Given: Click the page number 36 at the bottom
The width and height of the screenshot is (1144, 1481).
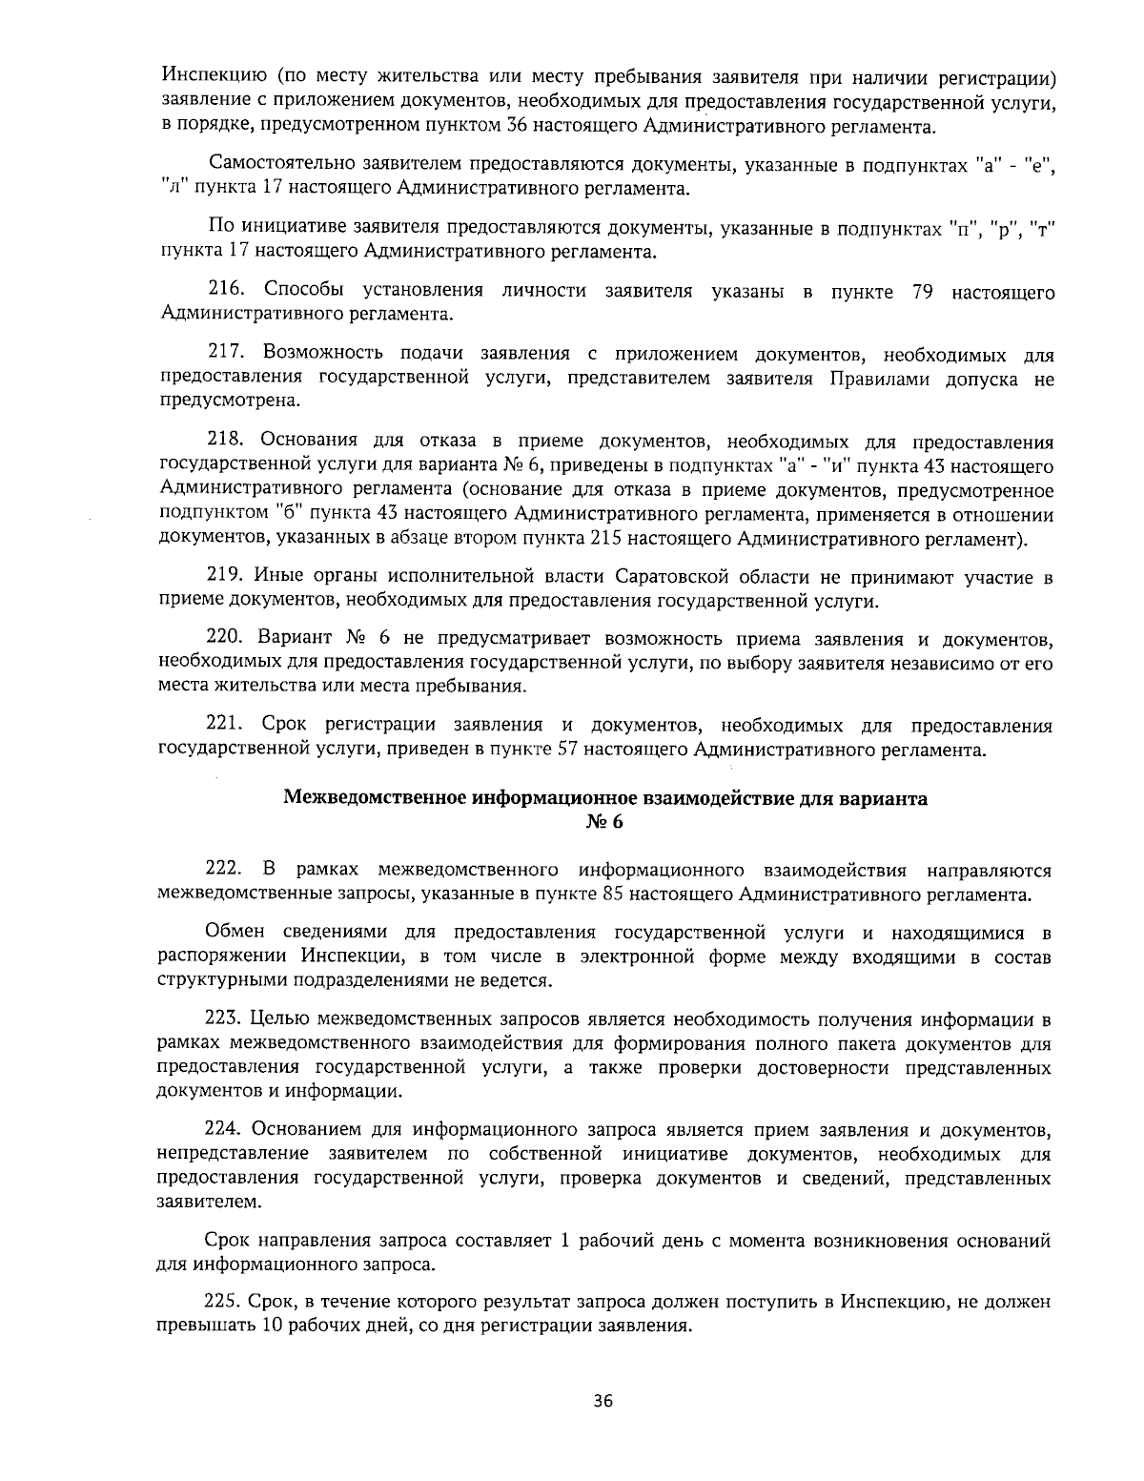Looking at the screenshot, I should click(x=603, y=1401).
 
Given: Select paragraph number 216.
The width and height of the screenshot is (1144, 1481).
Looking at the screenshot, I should click(x=226, y=291).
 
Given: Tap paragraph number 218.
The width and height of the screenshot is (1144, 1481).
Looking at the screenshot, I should click(x=226, y=441).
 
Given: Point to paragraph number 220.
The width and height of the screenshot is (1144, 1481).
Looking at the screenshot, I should click(x=226, y=637).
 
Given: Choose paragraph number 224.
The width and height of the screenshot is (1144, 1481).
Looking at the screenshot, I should click(x=225, y=1130).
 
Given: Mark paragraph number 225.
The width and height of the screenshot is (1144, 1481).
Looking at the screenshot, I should click(x=224, y=1301).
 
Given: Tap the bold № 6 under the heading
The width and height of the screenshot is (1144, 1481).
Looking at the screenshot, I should click(x=604, y=823).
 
